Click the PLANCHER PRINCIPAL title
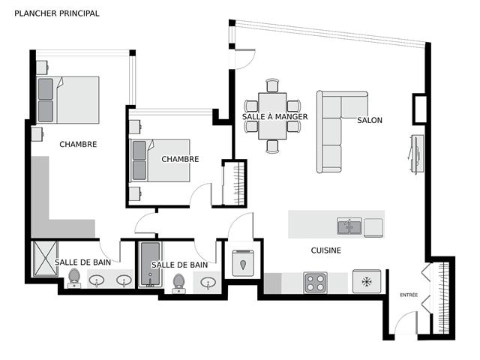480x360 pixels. tap(57, 13)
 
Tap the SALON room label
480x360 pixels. tap(370, 120)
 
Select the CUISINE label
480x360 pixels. tap(325, 250)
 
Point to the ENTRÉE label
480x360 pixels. tap(409, 295)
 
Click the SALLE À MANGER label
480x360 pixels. tap(274, 117)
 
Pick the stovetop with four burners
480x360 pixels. tap(316, 283)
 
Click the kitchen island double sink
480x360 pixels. tap(349, 226)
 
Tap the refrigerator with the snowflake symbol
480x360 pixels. tap(367, 281)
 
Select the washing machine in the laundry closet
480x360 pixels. tap(243, 263)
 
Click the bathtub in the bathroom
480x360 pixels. tap(150, 265)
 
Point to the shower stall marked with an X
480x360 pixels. tap(45, 259)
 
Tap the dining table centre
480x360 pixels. tap(272, 116)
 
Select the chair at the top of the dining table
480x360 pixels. tap(272, 85)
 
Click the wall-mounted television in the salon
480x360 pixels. tap(416, 154)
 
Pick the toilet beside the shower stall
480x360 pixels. tap(73, 278)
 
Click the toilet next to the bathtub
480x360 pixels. tap(178, 283)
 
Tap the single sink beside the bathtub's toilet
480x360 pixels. tap(208, 282)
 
